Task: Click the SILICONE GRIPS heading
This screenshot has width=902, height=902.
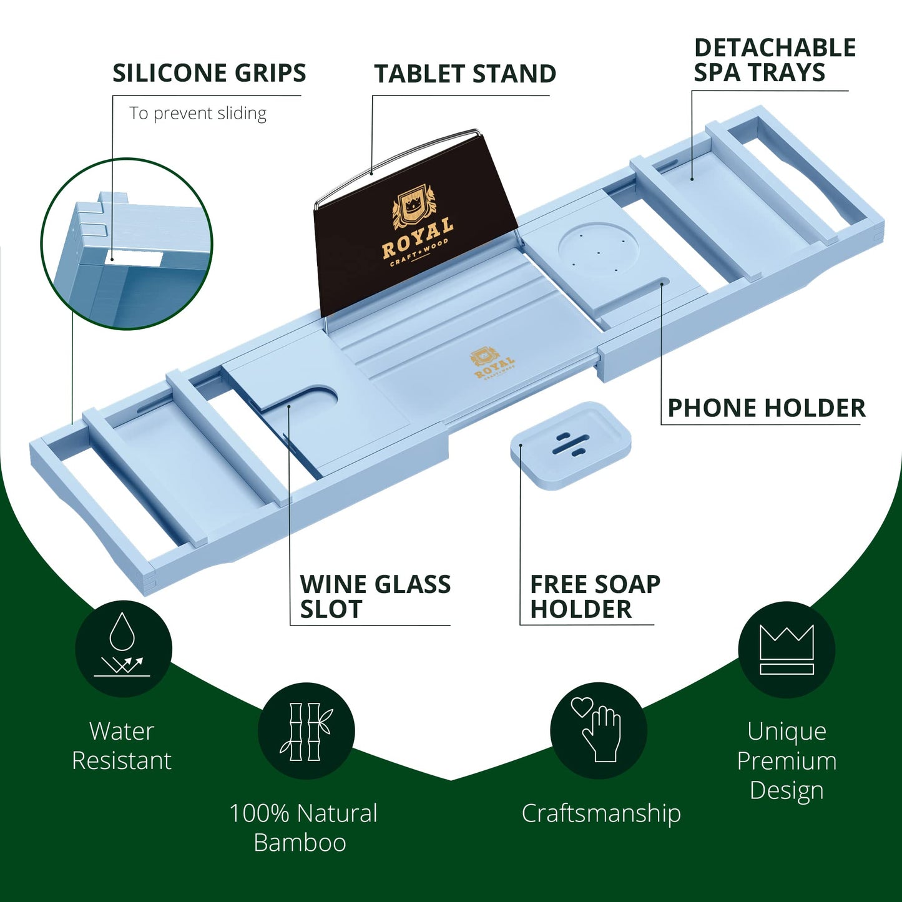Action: coord(209,73)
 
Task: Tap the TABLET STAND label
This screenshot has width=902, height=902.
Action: coord(465,74)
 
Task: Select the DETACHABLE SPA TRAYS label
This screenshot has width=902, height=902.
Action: coord(774,60)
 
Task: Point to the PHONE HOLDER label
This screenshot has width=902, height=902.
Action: coord(767,408)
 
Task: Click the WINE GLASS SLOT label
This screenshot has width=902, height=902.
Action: coord(375,597)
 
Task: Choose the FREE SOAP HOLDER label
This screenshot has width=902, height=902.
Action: coord(595,597)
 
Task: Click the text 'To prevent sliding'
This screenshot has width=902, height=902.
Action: coord(198,113)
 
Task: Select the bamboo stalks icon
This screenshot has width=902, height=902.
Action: coord(306,731)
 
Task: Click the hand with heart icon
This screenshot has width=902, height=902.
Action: coord(598,730)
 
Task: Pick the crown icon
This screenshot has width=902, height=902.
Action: coord(787,649)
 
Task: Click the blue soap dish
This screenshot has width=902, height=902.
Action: coord(571,444)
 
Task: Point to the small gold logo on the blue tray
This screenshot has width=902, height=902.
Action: coord(493,365)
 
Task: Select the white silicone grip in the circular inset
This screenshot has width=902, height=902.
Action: coord(135,257)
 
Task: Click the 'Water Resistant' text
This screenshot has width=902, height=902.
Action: coord(122,745)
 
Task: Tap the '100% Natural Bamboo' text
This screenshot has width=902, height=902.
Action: coord(303,828)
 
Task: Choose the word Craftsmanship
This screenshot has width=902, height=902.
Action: coord(601,813)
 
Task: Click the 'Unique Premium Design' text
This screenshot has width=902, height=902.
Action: coord(787,760)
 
